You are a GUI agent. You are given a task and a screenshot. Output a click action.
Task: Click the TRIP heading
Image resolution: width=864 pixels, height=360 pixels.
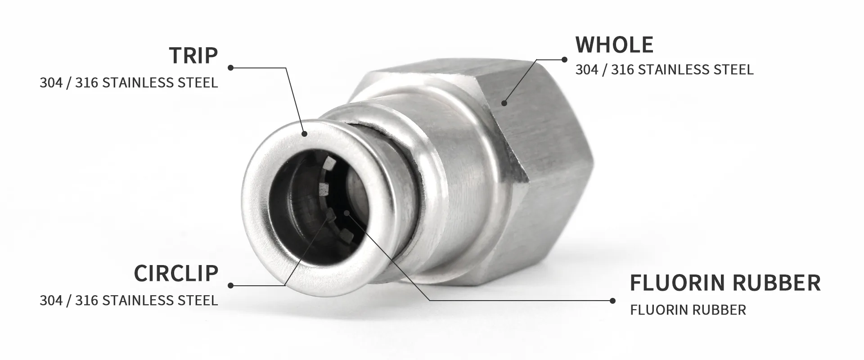[193, 55]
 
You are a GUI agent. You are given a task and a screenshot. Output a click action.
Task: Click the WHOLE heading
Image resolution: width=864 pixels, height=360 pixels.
[614, 44]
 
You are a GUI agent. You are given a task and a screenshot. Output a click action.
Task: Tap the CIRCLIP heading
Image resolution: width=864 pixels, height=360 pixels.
[176, 273]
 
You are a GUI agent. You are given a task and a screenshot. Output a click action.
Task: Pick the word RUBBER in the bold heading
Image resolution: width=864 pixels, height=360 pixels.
[777, 283]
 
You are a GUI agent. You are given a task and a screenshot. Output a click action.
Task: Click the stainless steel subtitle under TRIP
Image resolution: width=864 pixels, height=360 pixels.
[129, 83]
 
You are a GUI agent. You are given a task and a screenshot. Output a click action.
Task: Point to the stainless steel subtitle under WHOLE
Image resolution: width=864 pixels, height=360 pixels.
[664, 70]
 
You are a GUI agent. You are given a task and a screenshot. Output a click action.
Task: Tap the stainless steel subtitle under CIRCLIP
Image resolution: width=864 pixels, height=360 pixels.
[129, 300]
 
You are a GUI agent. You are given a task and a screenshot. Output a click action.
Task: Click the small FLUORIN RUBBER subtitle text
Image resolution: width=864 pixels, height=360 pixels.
[688, 310]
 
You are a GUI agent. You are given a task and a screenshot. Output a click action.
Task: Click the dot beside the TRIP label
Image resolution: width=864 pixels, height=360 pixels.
[230, 68]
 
